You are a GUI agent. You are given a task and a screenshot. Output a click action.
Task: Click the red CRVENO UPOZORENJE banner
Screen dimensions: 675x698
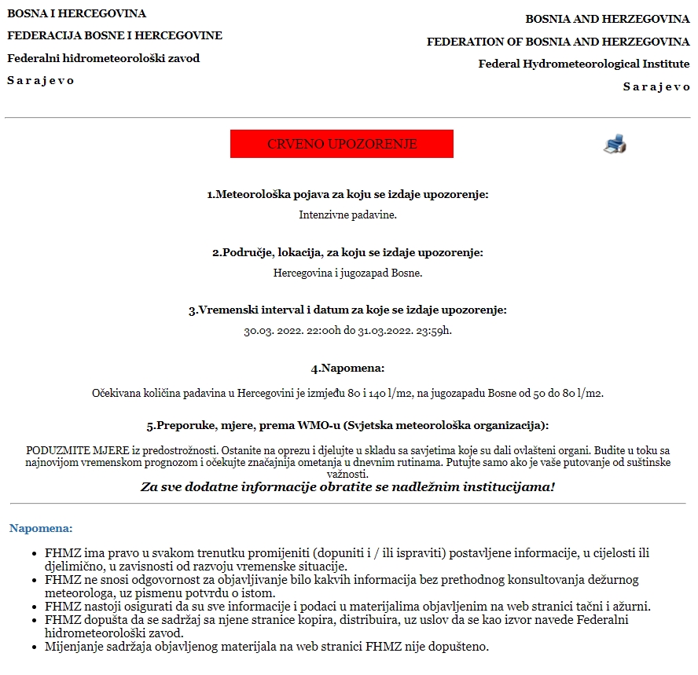coord(341,144)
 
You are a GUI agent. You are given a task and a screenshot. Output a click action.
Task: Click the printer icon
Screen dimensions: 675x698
coord(615,143)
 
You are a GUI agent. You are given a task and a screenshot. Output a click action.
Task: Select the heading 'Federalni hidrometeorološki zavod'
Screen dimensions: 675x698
coord(104,58)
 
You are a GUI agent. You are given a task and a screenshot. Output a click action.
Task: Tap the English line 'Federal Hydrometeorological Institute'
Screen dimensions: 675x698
coord(584,64)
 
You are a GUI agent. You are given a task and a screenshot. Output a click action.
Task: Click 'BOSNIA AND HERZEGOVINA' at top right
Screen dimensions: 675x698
coord(608,18)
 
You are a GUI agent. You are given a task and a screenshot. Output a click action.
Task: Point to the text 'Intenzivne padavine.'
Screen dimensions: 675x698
coord(347,214)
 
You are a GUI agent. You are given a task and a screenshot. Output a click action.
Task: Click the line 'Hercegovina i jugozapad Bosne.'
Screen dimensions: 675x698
coord(347,273)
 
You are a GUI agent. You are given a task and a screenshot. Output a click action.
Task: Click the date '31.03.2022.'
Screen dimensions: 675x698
coord(380,331)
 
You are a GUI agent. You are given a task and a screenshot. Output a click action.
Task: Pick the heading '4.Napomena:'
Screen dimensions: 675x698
coord(347,368)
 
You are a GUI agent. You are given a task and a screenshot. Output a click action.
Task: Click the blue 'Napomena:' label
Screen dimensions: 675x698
coord(41,528)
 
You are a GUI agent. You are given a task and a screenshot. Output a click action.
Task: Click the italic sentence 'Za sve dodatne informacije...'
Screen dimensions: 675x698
coord(347,487)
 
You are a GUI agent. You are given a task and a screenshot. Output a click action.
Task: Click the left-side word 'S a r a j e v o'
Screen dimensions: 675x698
coord(41,80)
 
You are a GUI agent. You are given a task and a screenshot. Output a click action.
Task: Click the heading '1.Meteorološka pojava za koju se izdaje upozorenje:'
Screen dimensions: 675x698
coord(347,194)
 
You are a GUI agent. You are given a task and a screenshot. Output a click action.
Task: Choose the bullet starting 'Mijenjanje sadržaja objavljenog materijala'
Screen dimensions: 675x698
coord(267,647)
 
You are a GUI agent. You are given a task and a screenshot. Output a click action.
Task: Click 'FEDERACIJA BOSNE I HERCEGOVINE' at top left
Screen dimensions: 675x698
coord(115,35)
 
